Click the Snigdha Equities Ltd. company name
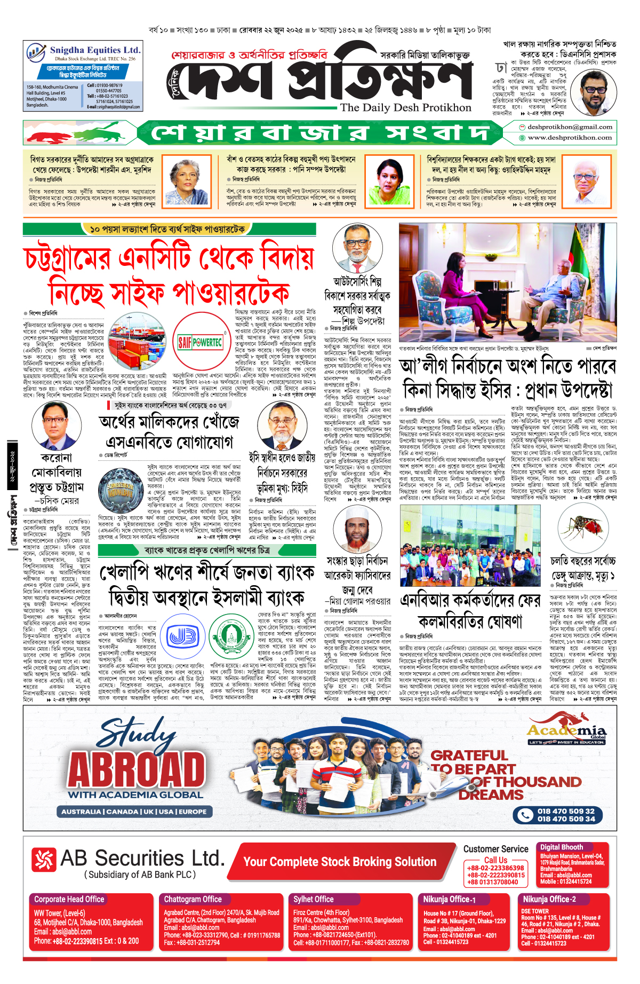tap(95, 50)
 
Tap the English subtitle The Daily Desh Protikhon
tap(405, 107)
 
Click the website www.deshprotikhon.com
tap(570, 138)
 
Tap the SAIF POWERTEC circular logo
tap(200, 342)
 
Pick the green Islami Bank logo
tap(231, 636)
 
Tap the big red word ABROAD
tap(137, 769)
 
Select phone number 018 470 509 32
tap(566, 811)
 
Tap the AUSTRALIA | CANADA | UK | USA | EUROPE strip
tap(134, 812)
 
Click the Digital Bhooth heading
tap(561, 847)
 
